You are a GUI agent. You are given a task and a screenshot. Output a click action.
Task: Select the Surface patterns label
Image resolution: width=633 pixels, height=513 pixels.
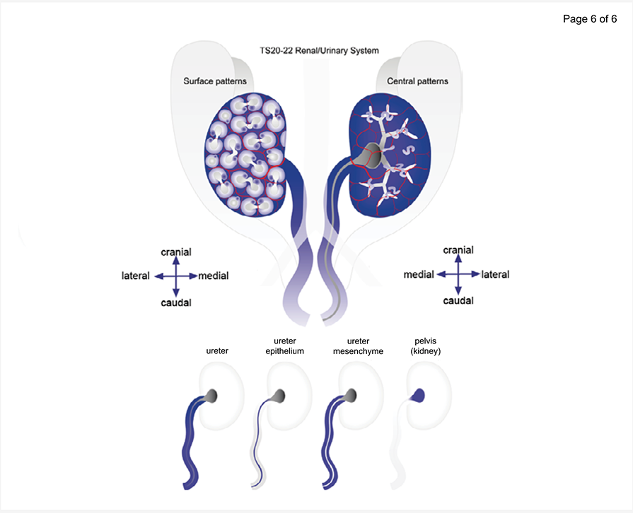215,81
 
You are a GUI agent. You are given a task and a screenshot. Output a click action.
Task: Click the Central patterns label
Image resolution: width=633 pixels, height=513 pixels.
417,81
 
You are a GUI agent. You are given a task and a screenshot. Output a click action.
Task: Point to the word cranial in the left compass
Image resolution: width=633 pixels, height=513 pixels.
176,252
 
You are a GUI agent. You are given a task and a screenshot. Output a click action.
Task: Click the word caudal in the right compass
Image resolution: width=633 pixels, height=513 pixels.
458,300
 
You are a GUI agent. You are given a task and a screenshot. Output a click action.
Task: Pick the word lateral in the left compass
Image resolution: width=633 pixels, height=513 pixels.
136,276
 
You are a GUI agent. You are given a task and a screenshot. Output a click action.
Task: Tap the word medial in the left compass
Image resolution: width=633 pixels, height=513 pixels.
214,276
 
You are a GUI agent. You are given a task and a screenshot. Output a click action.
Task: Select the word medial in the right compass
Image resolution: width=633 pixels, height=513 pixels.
418,274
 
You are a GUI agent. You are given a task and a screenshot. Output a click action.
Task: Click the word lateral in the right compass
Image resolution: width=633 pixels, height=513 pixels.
495,274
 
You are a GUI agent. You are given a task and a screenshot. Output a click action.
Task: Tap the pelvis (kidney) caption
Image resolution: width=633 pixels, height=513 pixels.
426,346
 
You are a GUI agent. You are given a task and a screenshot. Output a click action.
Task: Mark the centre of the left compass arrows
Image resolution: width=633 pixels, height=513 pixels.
176,276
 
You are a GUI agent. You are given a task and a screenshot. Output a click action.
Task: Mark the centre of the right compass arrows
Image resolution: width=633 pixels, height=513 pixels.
458,274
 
